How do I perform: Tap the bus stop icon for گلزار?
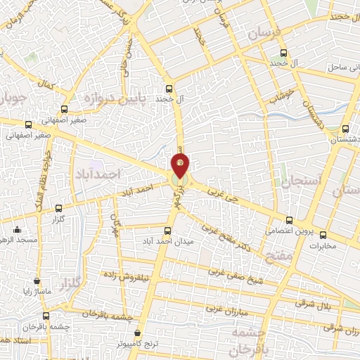(x=58, y=208)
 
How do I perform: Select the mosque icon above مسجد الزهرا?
(x=18, y=229)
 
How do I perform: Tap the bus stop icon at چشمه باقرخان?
(x=46, y=316)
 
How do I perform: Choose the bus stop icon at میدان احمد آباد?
(x=167, y=231)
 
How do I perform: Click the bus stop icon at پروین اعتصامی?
(x=290, y=219)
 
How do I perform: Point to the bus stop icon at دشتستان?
(x=345, y=129)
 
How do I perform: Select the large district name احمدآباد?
(x=98, y=173)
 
